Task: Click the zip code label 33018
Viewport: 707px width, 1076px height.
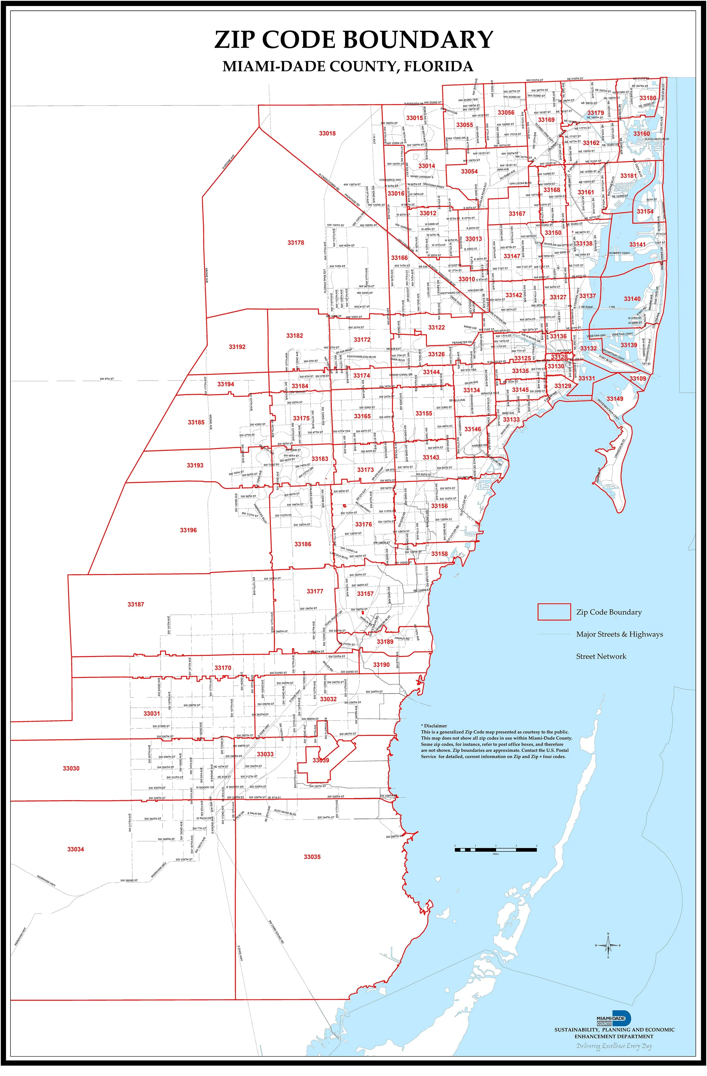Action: click(327, 133)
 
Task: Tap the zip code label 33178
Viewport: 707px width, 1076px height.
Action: click(296, 243)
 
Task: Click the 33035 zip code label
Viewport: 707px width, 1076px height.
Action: click(312, 857)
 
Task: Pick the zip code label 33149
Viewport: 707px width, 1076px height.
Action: click(615, 399)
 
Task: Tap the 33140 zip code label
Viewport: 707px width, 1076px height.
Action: click(632, 299)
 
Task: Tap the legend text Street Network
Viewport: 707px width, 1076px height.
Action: click(601, 656)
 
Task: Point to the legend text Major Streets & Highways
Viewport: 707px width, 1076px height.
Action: click(619, 634)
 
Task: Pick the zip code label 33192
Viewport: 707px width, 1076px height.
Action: click(237, 347)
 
